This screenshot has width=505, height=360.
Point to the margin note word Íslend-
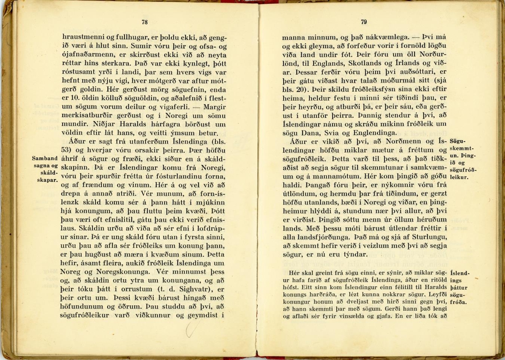[460, 272]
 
